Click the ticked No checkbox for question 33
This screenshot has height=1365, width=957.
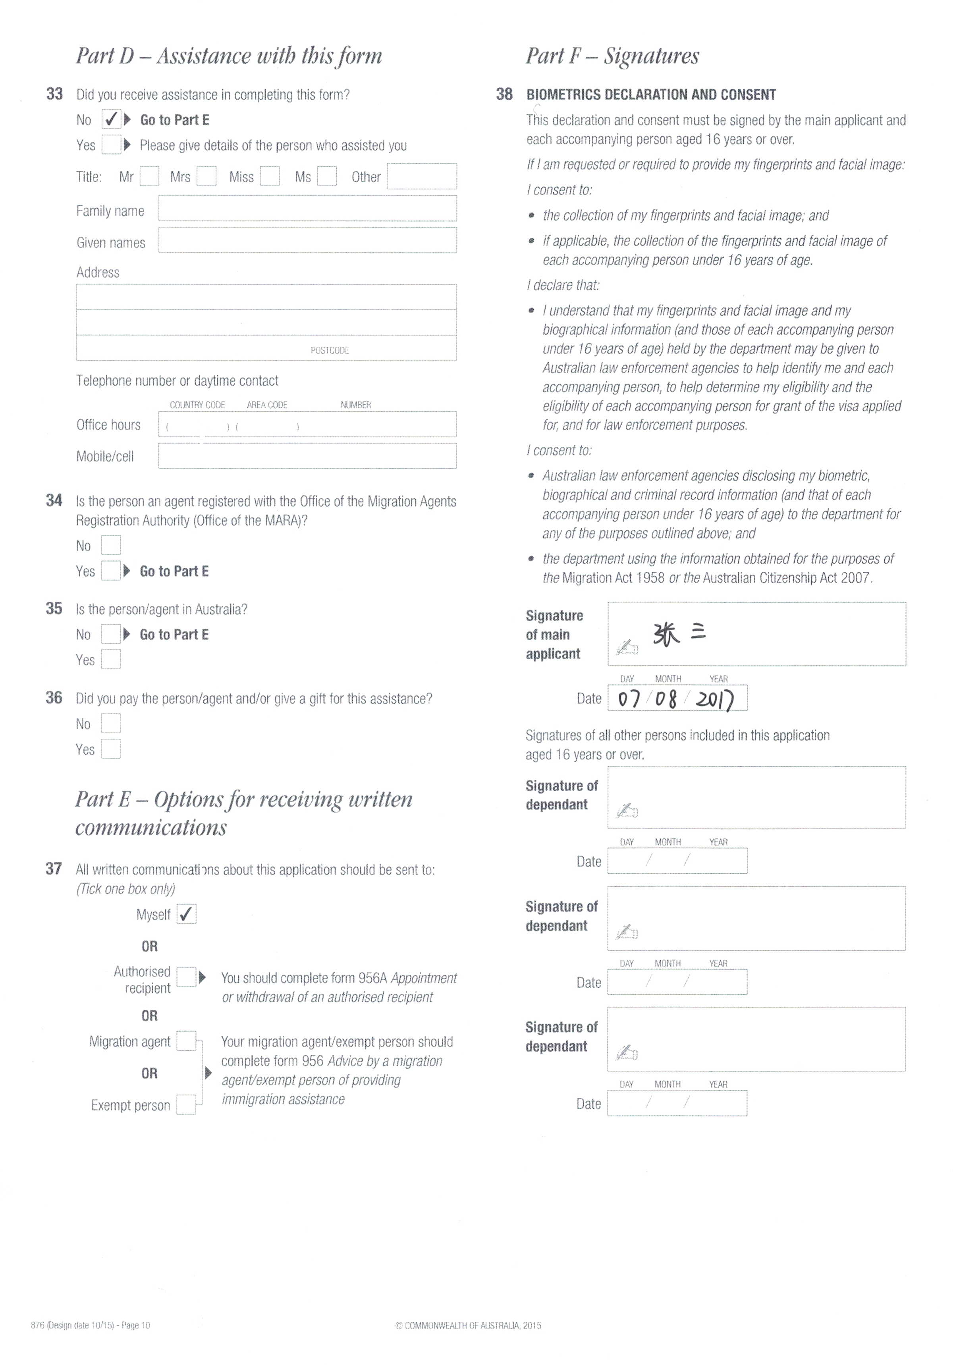click(111, 120)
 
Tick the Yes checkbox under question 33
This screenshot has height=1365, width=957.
click(111, 145)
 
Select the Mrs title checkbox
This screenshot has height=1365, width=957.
click(206, 177)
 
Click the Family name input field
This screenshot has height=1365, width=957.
click(307, 209)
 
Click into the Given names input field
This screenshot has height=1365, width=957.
click(307, 241)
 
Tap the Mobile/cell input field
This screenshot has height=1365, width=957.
click(307, 456)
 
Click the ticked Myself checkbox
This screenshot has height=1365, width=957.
click(187, 914)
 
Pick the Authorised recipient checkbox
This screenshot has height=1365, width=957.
click(187, 977)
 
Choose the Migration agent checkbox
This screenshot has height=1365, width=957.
click(187, 1041)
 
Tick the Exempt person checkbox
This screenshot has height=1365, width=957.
click(187, 1104)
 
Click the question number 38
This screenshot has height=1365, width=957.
click(504, 94)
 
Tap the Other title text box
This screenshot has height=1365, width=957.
click(421, 177)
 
